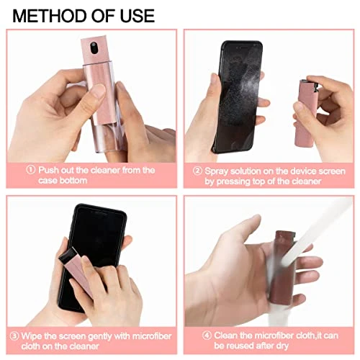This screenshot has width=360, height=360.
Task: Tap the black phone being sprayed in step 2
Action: point(238,94)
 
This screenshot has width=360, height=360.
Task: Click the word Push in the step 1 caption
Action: point(48,170)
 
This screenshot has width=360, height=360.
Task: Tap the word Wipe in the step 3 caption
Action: point(32,336)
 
